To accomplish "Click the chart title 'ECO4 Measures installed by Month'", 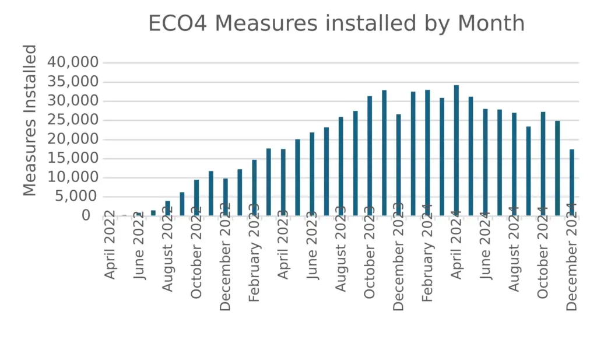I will [336, 24].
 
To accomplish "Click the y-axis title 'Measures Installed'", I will [30, 120].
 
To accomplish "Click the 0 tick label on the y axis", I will [86, 216].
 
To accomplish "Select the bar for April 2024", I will [456, 151].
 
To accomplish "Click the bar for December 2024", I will [572, 183].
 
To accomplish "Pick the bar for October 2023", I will [370, 156].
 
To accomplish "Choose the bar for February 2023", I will [254, 187].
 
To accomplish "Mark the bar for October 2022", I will [196, 198].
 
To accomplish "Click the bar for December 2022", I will [226, 197].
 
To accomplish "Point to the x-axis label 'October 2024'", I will [543, 251].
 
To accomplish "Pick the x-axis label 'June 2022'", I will [139, 243].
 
